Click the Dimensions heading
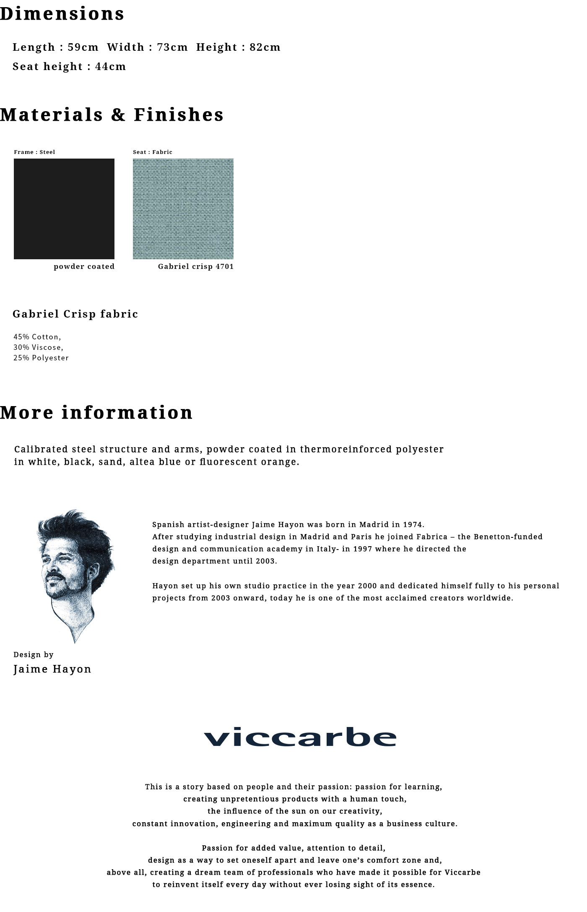coord(62,14)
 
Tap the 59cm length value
coord(83,47)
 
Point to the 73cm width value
coord(172,47)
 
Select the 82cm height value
coord(265,47)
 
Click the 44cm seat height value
coord(111,66)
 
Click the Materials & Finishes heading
coord(112,115)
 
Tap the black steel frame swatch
coord(64,208)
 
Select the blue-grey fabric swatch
coord(183,208)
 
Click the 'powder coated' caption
coord(84,266)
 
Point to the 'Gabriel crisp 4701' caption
coord(196,266)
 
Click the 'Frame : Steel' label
coord(34,152)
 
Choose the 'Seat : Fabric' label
coord(153,152)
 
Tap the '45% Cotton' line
coord(37,337)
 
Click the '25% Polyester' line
coord(41,358)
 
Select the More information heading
coord(96,412)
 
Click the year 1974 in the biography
coord(413,524)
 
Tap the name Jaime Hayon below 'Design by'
coord(52,669)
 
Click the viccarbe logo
coord(300,737)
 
